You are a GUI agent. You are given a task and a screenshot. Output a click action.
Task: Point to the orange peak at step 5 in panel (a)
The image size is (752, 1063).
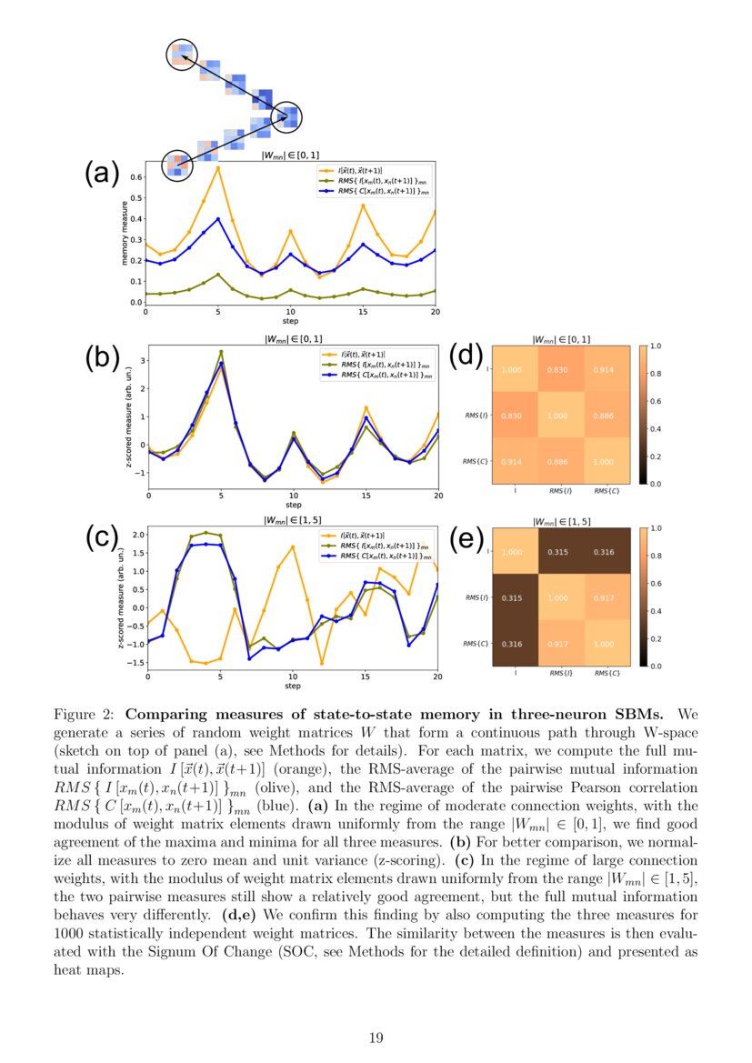(218, 167)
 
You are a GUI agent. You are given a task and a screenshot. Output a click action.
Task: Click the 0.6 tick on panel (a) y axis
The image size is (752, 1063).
(135, 176)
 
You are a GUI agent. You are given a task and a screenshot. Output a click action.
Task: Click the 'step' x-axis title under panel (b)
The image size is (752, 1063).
(293, 505)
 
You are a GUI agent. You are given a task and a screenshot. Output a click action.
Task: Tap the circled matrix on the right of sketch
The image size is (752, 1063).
(288, 116)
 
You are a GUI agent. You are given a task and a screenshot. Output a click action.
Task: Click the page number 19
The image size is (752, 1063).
(376, 1037)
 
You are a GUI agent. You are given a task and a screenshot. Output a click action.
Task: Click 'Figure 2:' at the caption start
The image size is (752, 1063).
(83, 711)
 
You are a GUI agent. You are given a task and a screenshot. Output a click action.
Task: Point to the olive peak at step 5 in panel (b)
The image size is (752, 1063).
(221, 352)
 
